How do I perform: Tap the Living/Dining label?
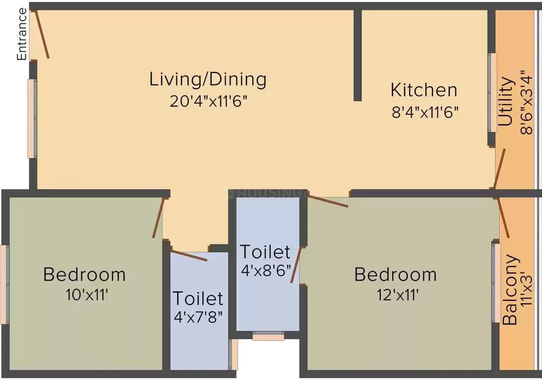[x=208, y=79]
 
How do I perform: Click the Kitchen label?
[x=423, y=90]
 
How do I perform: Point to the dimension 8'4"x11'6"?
[x=423, y=112]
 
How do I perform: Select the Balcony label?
[x=511, y=290]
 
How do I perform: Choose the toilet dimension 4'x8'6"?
[x=265, y=272]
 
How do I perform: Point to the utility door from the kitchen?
[x=499, y=168]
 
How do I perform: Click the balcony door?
[x=502, y=219]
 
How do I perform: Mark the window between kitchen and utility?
[x=492, y=93]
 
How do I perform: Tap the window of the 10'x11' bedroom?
[x=4, y=285]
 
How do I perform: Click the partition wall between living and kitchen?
[x=358, y=55]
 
